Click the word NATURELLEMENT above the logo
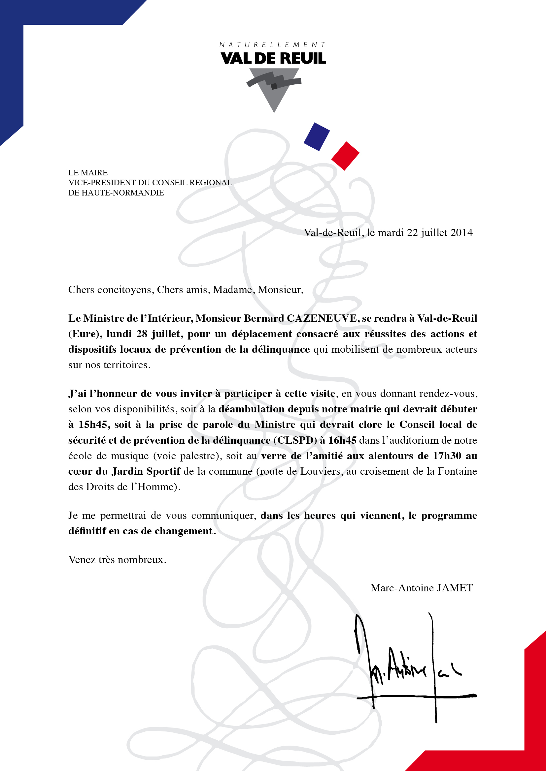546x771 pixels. pyautogui.click(x=273, y=44)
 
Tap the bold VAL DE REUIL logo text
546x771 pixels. pyautogui.click(x=273, y=58)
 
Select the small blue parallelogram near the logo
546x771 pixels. pyautogui.click(x=316, y=137)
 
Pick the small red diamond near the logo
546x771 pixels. pyautogui.click(x=345, y=156)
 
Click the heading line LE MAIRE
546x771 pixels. pyautogui.click(x=88, y=173)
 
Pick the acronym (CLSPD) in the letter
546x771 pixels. pyautogui.click(x=295, y=440)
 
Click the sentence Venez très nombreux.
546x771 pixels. pyautogui.click(x=117, y=559)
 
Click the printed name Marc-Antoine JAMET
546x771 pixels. pyautogui.click(x=422, y=588)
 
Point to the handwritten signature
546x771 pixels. pyautogui.click(x=414, y=668)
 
